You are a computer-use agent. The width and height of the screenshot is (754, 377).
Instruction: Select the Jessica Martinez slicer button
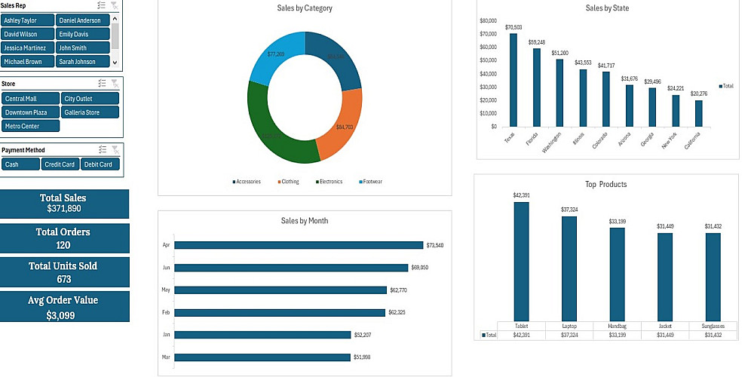tap(27, 48)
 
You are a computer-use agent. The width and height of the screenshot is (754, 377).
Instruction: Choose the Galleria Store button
tap(89, 112)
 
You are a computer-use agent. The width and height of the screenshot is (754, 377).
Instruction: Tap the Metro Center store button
tap(30, 126)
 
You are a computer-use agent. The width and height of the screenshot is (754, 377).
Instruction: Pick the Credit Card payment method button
tap(60, 164)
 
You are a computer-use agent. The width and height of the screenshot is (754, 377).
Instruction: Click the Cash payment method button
tap(20, 164)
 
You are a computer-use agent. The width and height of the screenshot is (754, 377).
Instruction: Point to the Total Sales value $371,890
tap(63, 209)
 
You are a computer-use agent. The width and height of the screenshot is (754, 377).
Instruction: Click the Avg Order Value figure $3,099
tap(63, 315)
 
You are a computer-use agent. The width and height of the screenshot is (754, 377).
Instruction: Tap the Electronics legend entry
tap(329, 182)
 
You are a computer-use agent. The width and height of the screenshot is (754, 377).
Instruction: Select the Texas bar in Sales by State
tap(513, 80)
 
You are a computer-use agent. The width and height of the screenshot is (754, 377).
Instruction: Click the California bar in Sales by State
tap(699, 113)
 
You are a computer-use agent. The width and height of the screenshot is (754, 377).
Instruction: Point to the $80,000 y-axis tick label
tap(488, 20)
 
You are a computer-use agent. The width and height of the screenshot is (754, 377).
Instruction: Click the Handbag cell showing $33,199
tap(618, 335)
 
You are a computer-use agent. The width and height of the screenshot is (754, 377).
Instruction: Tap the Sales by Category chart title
tap(305, 8)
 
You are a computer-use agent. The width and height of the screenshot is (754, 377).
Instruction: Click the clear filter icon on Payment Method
tap(115, 150)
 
